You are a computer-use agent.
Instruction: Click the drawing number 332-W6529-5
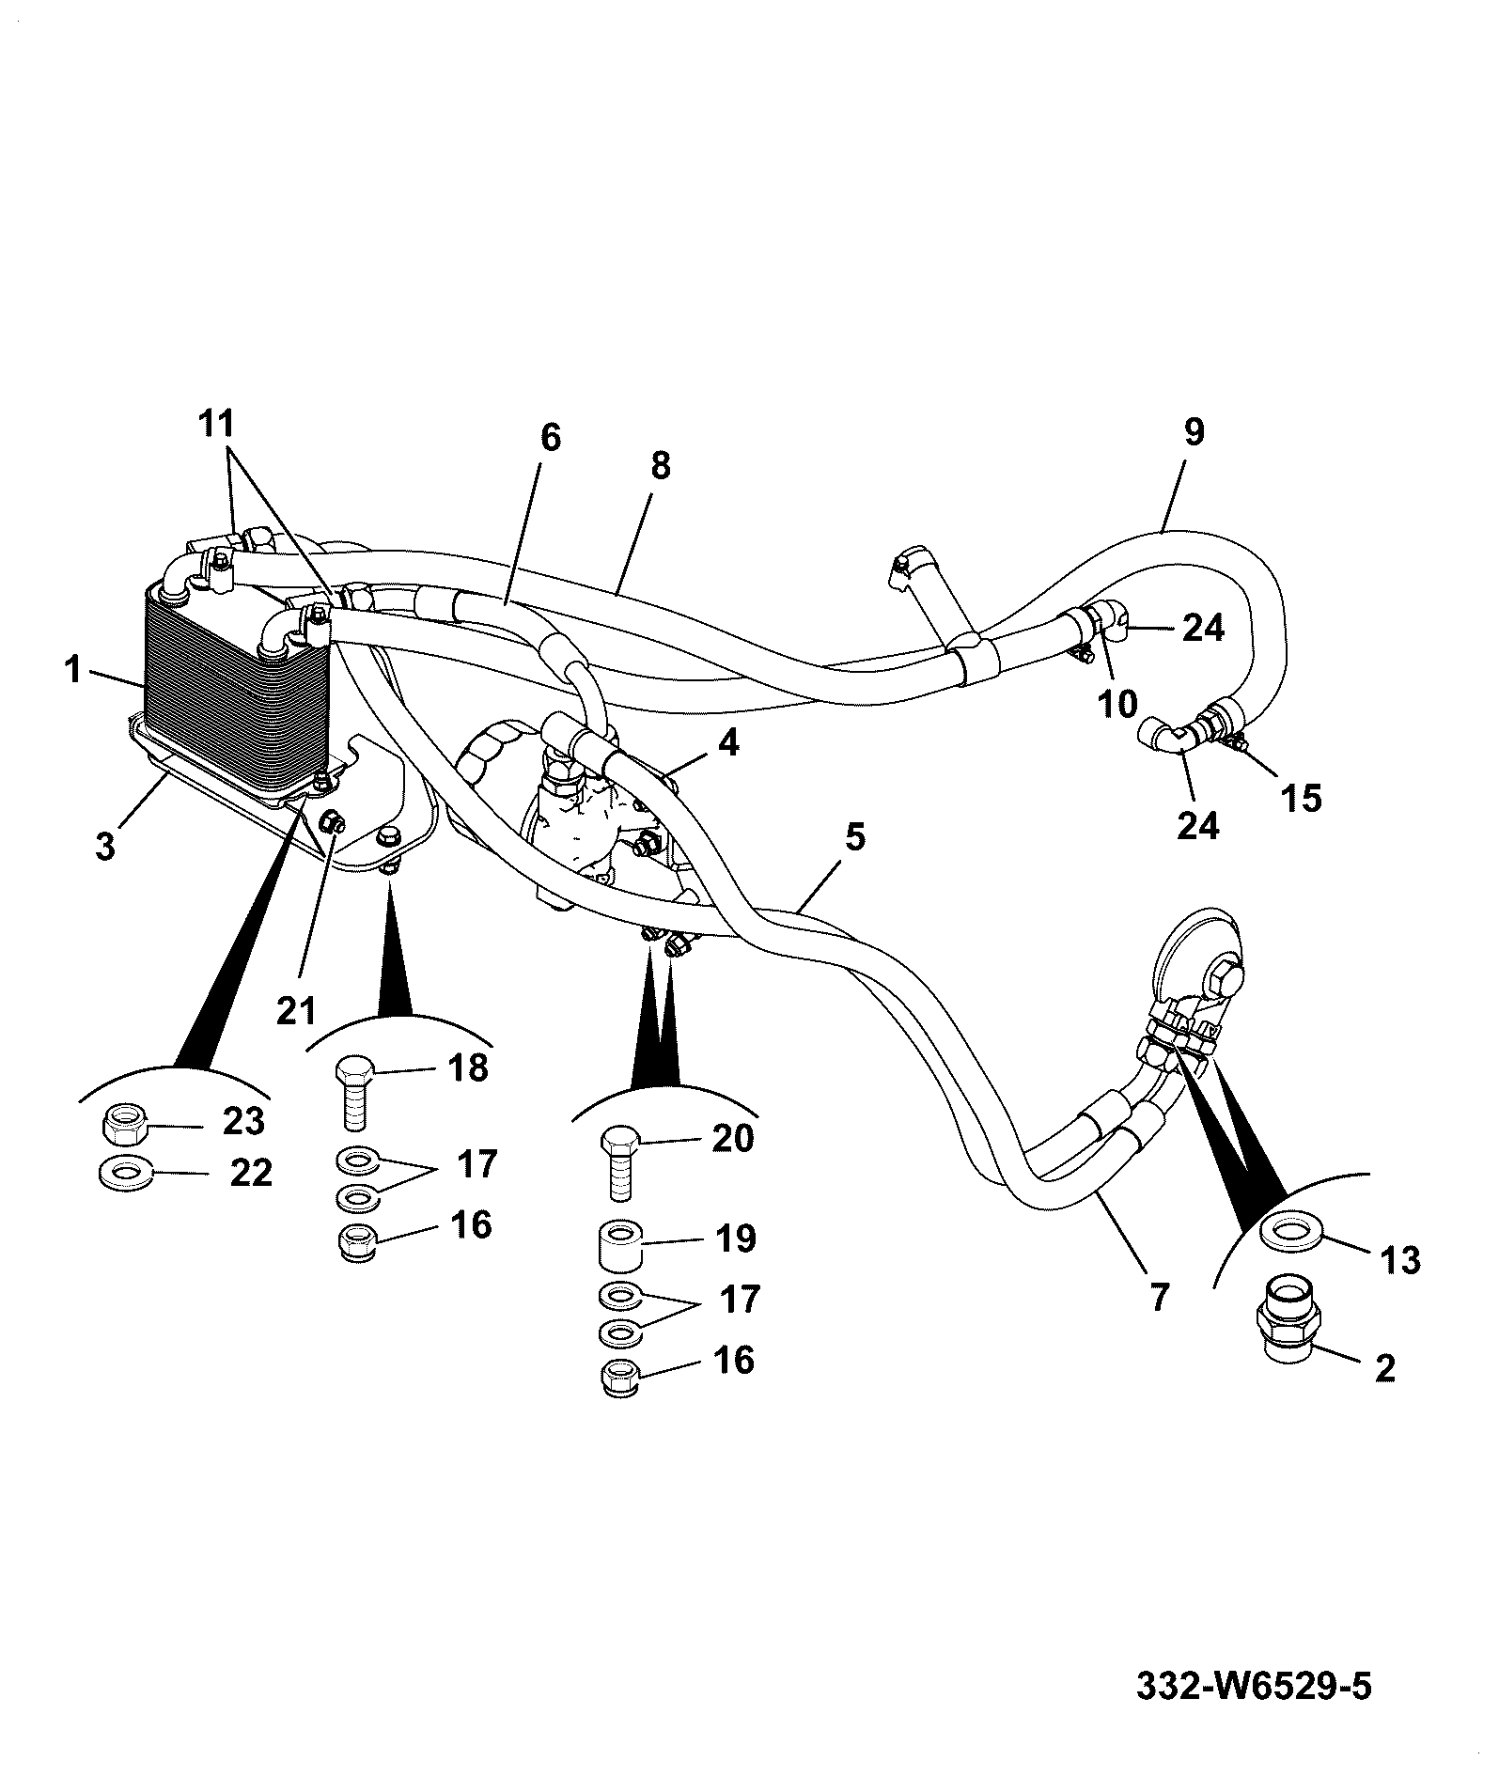click(x=1255, y=1685)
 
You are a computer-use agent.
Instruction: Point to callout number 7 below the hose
click(x=1160, y=1297)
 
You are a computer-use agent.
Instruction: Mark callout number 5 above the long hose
click(x=854, y=836)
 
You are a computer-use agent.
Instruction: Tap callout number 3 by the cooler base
click(x=104, y=846)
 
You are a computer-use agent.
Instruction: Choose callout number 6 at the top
click(x=551, y=437)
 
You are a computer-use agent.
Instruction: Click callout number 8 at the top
click(x=661, y=465)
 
